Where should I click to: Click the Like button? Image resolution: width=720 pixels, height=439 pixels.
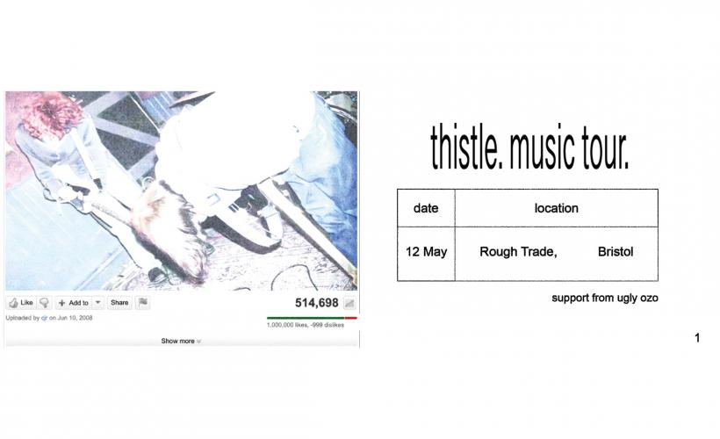pyautogui.click(x=21, y=303)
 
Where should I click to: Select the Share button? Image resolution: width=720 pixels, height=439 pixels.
pyautogui.click(x=119, y=303)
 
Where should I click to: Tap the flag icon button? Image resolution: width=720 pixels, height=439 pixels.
pyautogui.click(x=143, y=303)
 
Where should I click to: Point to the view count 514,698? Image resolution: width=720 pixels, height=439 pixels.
pyautogui.click(x=316, y=303)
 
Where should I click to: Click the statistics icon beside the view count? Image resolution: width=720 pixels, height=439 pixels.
pyautogui.click(x=349, y=304)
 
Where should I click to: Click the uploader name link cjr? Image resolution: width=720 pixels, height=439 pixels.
pyautogui.click(x=44, y=318)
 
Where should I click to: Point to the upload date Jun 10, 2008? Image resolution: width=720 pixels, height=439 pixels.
pyautogui.click(x=74, y=318)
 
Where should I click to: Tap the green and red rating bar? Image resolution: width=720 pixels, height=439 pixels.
pyautogui.click(x=312, y=318)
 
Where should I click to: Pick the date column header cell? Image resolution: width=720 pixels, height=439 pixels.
pyautogui.click(x=426, y=208)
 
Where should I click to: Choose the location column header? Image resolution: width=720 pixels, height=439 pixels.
pyautogui.click(x=556, y=208)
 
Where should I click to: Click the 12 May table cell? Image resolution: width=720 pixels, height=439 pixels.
pyautogui.click(x=426, y=252)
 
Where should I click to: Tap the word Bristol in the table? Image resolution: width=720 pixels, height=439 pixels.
pyautogui.click(x=616, y=252)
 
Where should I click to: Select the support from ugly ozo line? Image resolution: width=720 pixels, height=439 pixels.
pyautogui.click(x=604, y=299)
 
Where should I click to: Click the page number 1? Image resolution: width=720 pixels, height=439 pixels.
pyautogui.click(x=697, y=338)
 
